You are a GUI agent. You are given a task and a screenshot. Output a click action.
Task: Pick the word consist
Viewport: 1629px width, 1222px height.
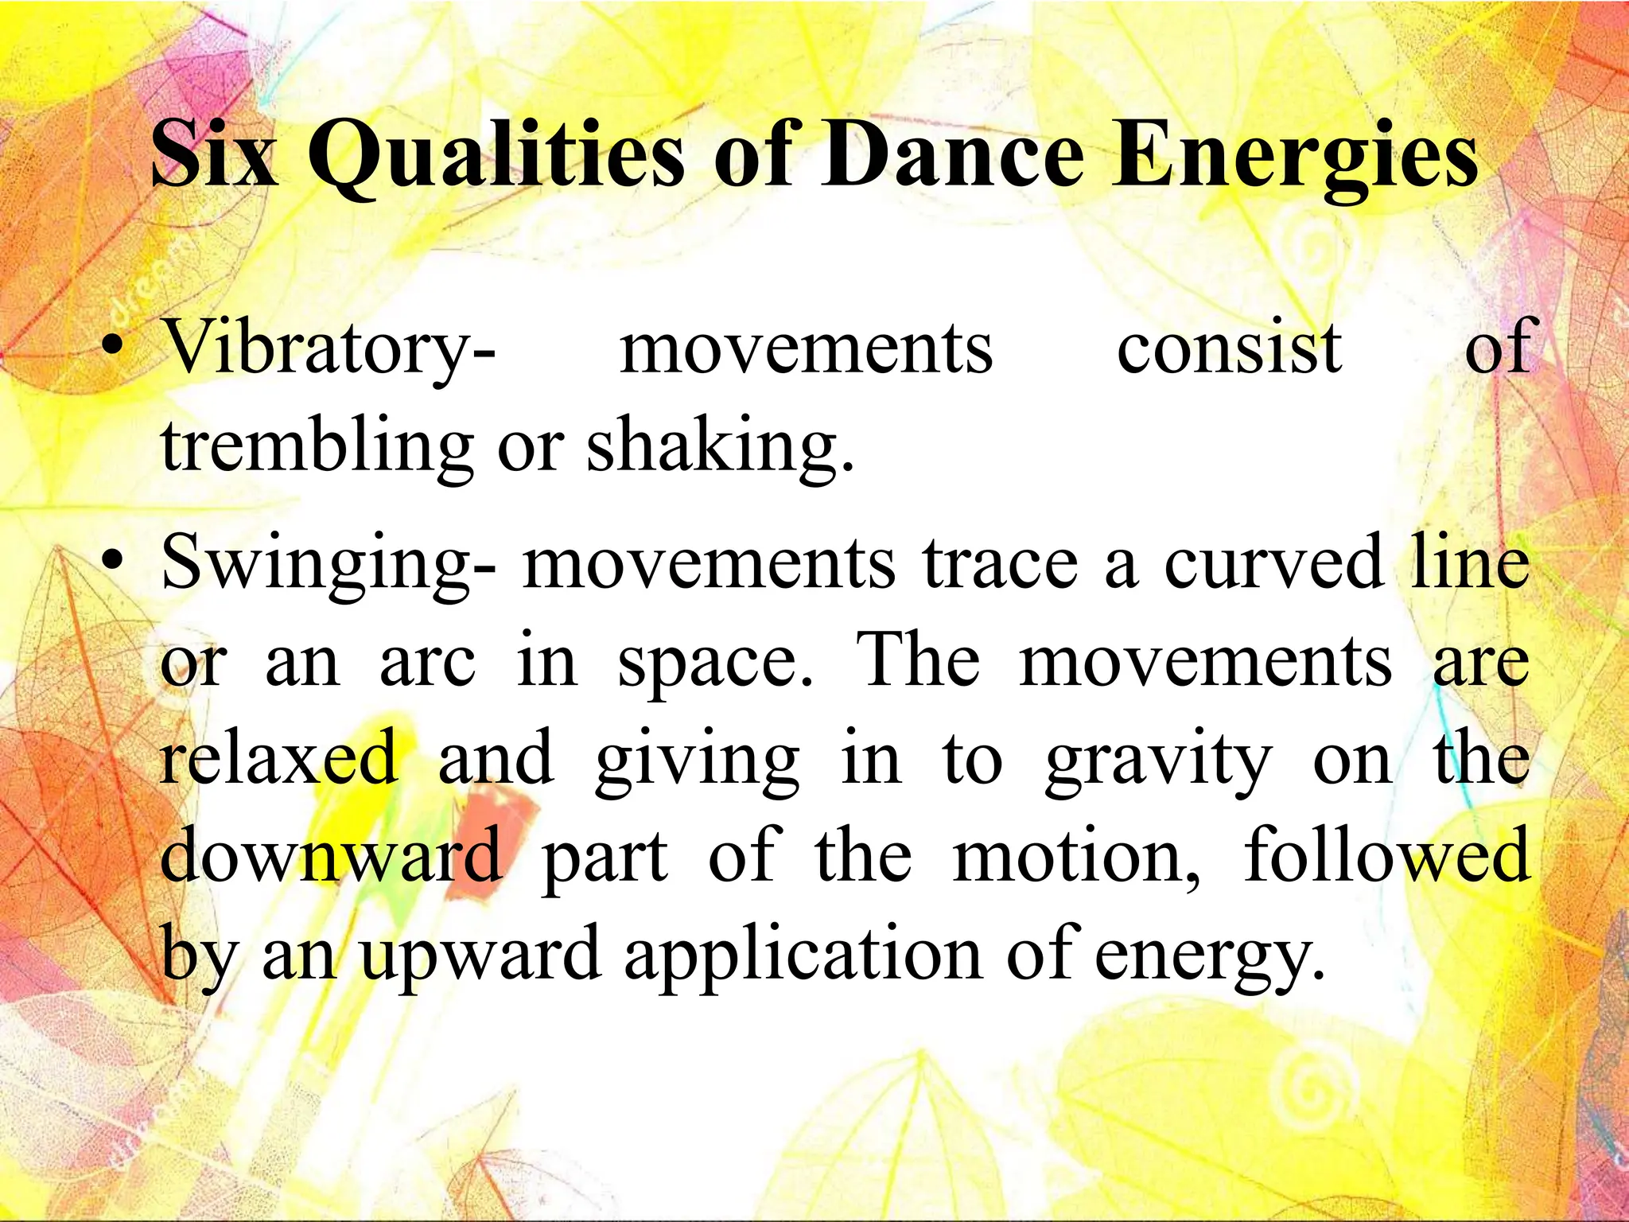point(1230,348)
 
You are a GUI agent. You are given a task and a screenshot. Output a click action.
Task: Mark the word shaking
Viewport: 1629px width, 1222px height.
point(721,447)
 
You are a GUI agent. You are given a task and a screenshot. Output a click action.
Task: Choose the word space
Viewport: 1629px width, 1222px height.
point(716,664)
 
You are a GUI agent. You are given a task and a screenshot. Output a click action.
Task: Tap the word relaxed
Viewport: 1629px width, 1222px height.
point(278,759)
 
